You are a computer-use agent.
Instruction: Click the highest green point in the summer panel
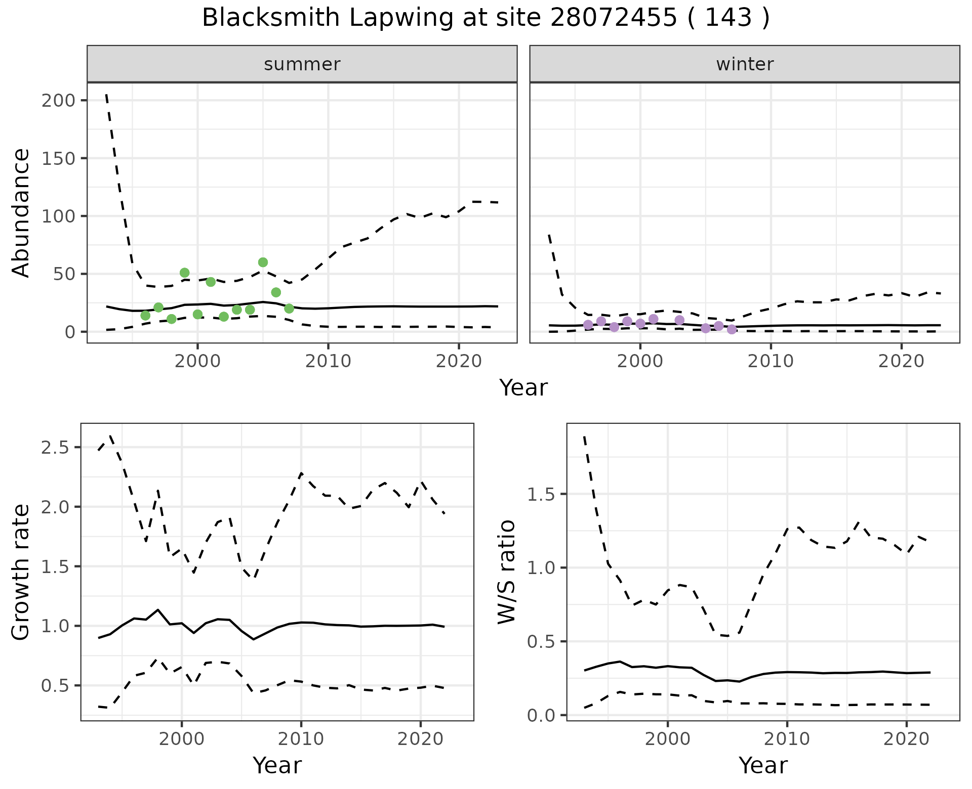[x=263, y=262]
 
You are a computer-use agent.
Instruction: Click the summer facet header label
[x=302, y=64]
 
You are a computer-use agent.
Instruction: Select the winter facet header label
[x=745, y=64]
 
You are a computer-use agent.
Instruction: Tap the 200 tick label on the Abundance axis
[x=58, y=100]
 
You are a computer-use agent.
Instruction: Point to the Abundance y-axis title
[x=21, y=213]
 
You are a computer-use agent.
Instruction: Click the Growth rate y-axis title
[x=21, y=572]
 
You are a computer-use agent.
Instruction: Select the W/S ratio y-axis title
[x=507, y=572]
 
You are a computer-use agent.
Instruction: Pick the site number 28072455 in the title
[x=613, y=18]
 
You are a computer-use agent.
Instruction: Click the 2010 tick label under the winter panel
[x=771, y=361]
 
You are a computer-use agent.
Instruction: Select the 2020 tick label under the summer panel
[x=459, y=361]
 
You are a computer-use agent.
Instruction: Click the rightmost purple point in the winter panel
[x=732, y=329]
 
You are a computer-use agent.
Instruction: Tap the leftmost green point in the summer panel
[x=145, y=316]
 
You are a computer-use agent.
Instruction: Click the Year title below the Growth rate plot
[x=277, y=765]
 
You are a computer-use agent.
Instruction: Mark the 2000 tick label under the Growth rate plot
[x=181, y=739]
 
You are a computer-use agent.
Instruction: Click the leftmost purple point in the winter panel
[x=588, y=325]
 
